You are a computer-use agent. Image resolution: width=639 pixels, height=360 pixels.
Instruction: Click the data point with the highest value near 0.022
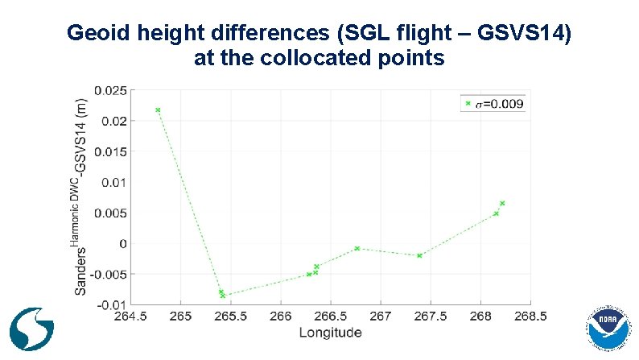(158, 110)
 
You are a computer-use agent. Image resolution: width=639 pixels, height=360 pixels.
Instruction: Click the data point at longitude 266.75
(357, 248)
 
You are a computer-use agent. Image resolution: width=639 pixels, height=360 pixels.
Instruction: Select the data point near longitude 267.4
(419, 255)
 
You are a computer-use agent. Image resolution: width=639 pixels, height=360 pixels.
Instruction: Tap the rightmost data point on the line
(502, 203)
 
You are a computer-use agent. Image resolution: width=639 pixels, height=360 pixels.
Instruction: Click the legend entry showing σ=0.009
(492, 104)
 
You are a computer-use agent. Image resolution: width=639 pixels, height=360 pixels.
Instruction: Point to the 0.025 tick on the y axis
(110, 90)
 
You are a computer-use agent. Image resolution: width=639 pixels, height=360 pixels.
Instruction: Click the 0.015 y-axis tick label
(110, 151)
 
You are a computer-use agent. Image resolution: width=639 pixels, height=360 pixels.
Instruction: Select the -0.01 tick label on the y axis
(110, 304)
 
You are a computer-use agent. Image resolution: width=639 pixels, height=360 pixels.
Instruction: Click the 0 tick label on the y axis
(122, 243)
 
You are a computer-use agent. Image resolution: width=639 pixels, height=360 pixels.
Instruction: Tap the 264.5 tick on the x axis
(131, 317)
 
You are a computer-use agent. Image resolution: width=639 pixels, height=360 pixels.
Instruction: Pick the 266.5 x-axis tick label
(331, 317)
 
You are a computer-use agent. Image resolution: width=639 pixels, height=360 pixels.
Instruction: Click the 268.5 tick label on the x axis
(530, 317)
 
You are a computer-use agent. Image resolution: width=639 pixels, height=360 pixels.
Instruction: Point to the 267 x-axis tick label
(381, 317)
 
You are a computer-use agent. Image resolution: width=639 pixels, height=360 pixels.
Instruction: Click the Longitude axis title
(330, 332)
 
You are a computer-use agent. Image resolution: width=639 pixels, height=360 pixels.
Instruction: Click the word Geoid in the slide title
(95, 34)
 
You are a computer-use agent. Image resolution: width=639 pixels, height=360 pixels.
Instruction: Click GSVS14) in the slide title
(526, 34)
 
